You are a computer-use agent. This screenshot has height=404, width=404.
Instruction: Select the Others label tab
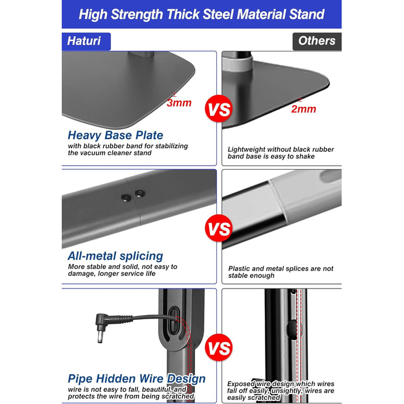point(317,41)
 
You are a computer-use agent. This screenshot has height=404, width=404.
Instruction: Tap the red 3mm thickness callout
point(179,103)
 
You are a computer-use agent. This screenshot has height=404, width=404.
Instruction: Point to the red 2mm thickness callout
point(304,109)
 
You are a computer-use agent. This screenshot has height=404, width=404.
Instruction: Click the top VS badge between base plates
point(219,109)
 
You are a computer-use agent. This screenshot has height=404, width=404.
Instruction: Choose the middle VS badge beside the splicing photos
point(219,229)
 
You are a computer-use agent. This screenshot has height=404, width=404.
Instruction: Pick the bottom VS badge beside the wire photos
point(219,347)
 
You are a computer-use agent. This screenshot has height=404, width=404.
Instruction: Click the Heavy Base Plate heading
point(115,136)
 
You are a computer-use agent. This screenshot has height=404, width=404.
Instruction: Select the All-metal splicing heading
point(115,256)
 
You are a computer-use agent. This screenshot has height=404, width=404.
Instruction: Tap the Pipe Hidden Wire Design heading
point(137,379)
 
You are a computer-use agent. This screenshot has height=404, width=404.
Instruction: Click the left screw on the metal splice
point(126,197)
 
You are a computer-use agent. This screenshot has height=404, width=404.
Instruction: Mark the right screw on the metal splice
point(140,193)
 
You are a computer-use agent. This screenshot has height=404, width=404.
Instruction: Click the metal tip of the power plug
point(100,337)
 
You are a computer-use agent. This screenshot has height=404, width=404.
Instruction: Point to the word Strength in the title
point(137,14)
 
